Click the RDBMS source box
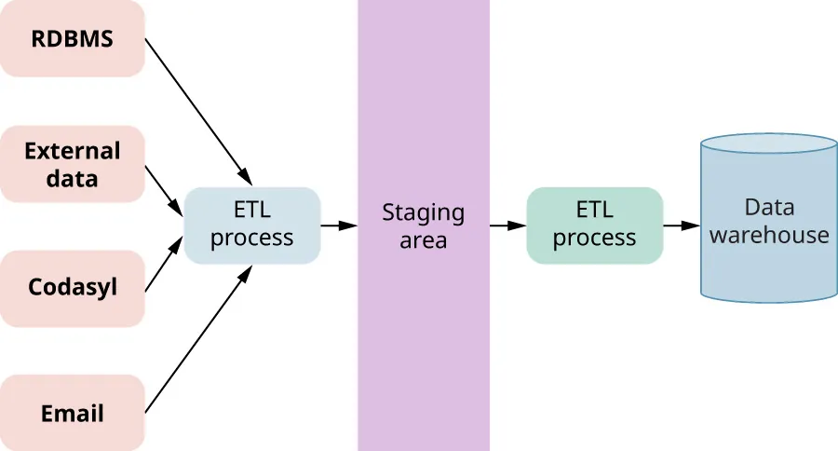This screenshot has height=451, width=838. (72, 38)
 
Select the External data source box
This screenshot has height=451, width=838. (72, 164)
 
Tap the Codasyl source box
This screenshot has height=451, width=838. (72, 288)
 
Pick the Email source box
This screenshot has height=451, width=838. (72, 413)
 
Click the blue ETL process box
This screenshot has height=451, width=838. (251, 225)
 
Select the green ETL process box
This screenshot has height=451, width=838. (594, 225)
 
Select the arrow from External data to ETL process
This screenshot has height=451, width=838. (164, 190)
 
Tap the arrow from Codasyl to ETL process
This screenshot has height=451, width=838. (164, 265)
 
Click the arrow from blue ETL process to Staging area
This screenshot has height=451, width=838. (339, 225)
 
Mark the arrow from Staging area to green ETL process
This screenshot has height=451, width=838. (507, 225)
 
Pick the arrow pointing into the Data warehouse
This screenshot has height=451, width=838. (681, 225)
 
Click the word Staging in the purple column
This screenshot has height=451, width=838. (423, 212)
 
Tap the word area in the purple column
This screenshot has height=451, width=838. (423, 239)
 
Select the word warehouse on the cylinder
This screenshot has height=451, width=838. (768, 234)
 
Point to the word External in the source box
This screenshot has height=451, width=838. (72, 151)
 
